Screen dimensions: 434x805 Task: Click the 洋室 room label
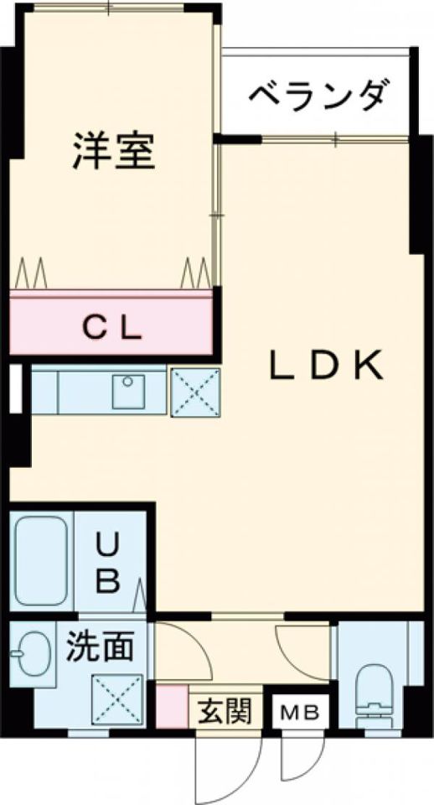pos(113,151)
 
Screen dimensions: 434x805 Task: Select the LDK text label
pos(325,365)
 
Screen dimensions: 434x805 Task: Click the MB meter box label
pos(300,712)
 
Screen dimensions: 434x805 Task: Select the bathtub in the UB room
pos(41,561)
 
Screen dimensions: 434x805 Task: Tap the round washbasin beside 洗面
pos(32,653)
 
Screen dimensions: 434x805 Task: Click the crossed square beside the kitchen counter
pos(195,392)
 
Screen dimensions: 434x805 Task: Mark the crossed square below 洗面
pos(117,699)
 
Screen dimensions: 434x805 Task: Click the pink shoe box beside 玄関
pos(172,705)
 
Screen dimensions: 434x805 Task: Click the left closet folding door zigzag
pos(31,273)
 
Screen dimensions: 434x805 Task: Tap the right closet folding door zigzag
pos(195,273)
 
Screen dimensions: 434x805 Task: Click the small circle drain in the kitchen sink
pos(127,382)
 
